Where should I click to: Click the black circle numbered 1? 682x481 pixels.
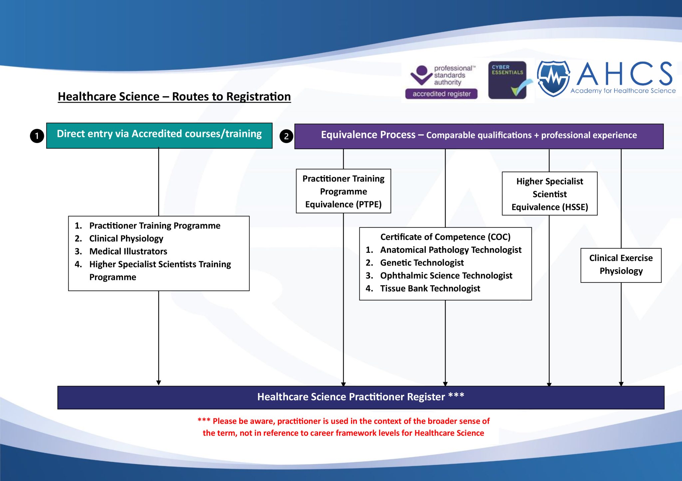tap(37, 136)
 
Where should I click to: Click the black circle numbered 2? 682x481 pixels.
tap(286, 136)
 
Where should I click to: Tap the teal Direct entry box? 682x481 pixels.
tap(159, 135)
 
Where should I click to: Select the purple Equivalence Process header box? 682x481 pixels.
tap(479, 136)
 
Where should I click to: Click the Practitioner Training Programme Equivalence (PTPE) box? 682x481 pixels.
tap(343, 191)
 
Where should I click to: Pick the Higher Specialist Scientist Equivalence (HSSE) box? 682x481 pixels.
tap(549, 194)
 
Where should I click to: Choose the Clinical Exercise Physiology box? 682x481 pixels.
tap(621, 265)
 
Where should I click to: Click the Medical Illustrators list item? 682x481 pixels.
tap(128, 251)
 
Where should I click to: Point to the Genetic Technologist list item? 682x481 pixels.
tap(422, 263)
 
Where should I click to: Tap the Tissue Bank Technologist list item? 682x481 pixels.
tap(430, 288)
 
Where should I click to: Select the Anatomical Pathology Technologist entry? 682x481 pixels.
tap(451, 250)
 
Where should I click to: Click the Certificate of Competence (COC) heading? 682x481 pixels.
tap(445, 237)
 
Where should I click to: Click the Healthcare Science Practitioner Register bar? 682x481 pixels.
tap(361, 397)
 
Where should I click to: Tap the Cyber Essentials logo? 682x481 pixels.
tap(507, 80)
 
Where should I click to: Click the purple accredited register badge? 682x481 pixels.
tap(441, 94)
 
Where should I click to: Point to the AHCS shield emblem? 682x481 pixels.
tap(553, 78)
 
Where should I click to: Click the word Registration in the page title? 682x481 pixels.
tap(258, 97)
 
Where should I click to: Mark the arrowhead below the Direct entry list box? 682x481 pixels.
tap(159, 383)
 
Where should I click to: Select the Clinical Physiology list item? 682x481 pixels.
tap(126, 239)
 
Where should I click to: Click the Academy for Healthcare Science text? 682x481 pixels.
tap(623, 91)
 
